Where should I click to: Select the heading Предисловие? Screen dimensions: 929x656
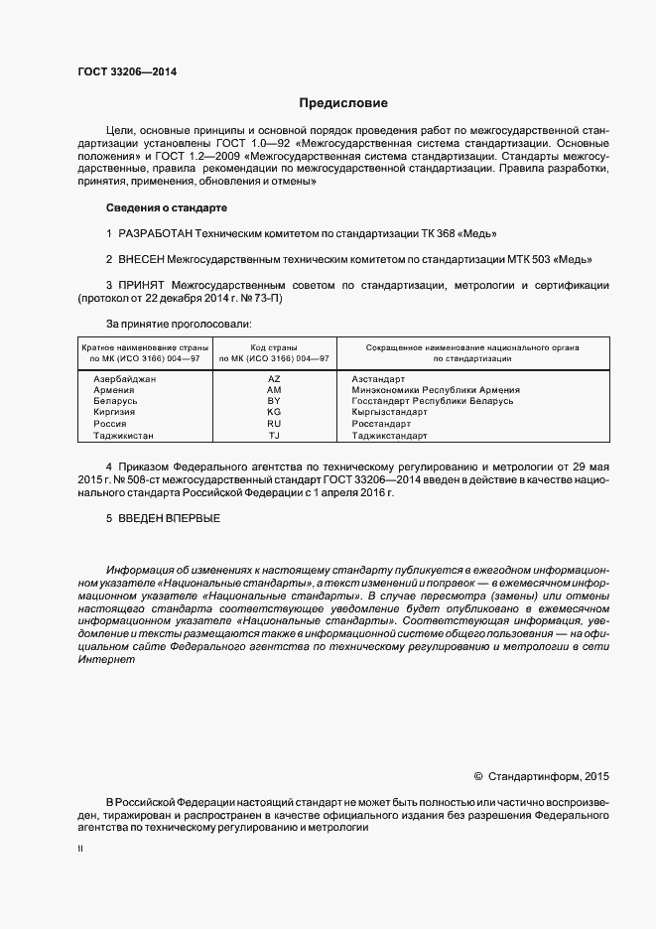coord(343,103)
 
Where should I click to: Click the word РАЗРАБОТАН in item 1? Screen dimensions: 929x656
coord(154,233)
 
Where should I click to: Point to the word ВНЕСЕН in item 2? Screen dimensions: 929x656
coord(142,260)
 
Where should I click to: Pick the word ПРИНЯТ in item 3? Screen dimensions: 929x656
coord(142,286)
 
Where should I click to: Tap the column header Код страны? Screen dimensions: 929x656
coord(275,347)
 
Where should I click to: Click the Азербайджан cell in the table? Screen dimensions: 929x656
coord(125,379)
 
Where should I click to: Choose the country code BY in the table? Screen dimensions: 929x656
coord(275,400)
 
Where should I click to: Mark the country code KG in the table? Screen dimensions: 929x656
coord(275,411)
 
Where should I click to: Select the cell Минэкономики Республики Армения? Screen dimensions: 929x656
coord(435,390)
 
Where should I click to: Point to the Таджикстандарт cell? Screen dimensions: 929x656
coord(389,436)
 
